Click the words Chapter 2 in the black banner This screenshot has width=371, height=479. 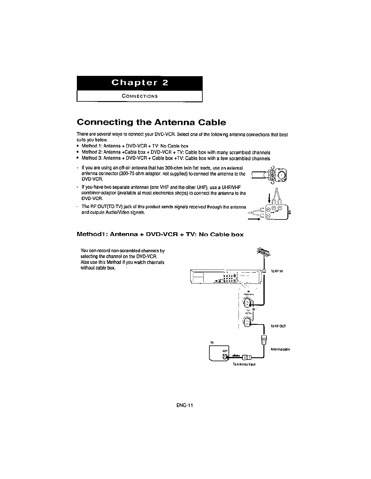[139, 83]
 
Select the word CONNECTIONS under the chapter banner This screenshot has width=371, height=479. [139, 96]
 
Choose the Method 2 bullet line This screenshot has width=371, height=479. [176, 152]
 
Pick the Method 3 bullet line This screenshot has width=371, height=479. [176, 158]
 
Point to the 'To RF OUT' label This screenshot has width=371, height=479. [278, 326]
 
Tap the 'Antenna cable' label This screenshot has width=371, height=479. [280, 349]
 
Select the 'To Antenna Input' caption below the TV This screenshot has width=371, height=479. [244, 364]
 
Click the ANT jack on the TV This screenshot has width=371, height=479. [225, 357]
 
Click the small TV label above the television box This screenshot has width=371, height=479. [212, 342]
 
